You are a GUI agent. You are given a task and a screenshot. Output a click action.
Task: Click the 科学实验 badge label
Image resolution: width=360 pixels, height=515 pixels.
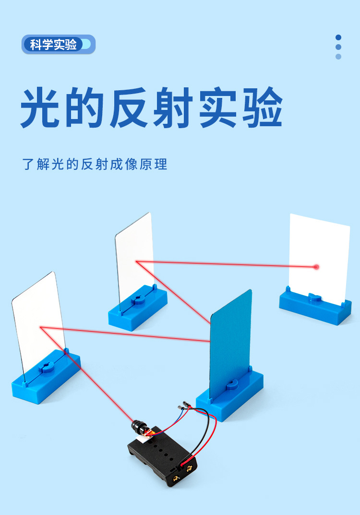[53, 45]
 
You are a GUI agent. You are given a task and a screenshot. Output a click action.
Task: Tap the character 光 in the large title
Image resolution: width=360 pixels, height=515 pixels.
[42, 108]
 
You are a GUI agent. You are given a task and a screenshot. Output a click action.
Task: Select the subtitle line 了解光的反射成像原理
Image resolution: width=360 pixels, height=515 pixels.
[95, 165]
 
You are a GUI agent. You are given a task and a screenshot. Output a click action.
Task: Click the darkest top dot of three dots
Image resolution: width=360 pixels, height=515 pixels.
[338, 37]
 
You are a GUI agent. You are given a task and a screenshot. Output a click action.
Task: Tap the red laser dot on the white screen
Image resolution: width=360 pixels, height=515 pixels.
[316, 266]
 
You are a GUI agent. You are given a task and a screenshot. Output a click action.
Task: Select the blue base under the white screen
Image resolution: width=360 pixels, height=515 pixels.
[315, 307]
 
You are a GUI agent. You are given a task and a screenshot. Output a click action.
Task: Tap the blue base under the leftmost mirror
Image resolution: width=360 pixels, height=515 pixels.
[46, 377]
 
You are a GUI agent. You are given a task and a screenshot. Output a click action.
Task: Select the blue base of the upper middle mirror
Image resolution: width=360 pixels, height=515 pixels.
[138, 310]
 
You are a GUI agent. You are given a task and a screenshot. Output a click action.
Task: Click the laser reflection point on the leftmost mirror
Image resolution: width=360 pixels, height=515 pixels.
[41, 327]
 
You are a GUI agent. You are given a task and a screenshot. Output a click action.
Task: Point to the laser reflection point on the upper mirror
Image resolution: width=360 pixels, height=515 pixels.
[137, 262]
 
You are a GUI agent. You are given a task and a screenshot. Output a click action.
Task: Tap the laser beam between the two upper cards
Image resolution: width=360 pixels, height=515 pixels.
[226, 263]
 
